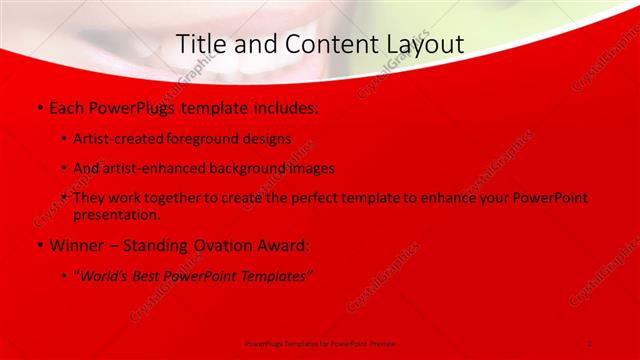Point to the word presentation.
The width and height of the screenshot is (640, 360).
coord(116,214)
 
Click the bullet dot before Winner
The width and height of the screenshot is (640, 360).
coord(39,245)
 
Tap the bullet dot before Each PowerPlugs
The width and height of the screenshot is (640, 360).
coord(39,106)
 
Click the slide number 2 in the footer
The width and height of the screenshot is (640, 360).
coord(590,343)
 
